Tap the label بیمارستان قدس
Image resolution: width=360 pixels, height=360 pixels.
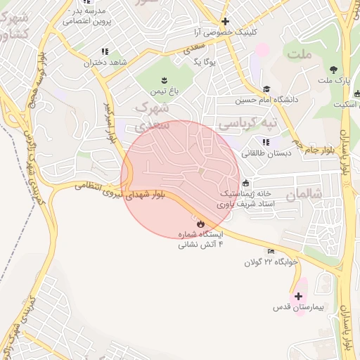(x=298, y=309)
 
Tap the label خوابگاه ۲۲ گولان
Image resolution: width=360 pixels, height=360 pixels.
(x=271, y=262)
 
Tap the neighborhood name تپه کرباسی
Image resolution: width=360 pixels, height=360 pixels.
(x=247, y=124)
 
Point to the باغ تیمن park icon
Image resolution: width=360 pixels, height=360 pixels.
(x=163, y=79)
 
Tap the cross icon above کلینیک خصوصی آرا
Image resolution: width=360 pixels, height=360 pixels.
(x=225, y=21)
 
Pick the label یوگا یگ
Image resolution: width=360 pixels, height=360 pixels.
(x=203, y=62)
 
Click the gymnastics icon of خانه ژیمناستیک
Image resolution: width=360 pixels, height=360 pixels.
(x=245, y=184)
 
